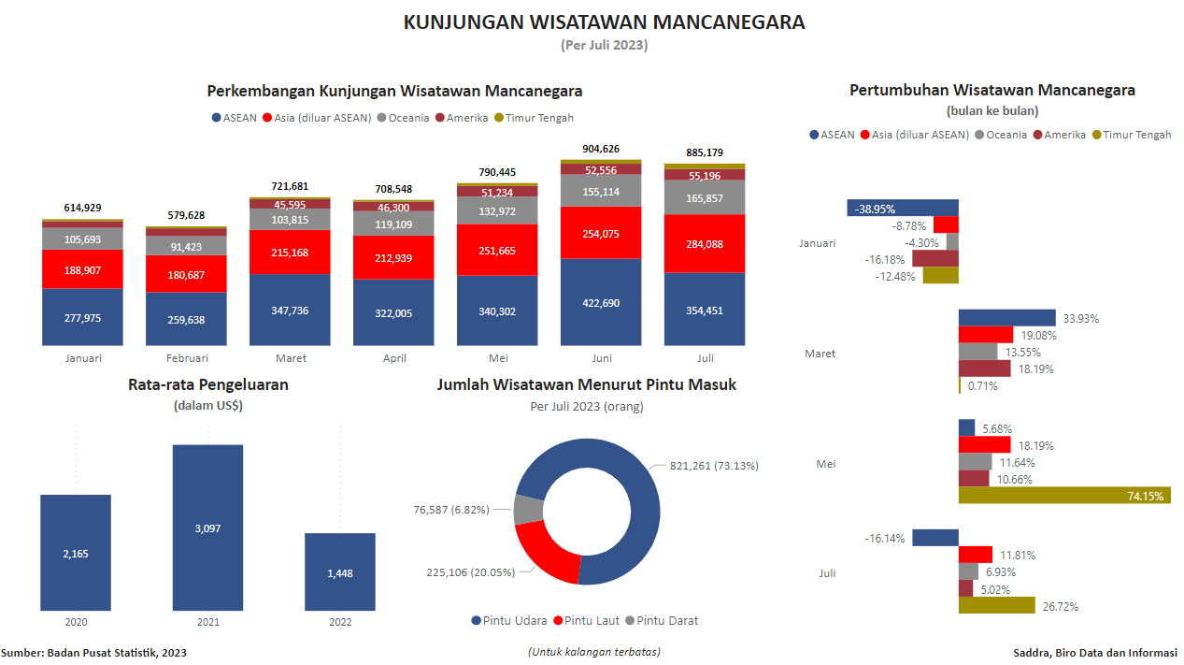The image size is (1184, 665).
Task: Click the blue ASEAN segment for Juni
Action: pyautogui.click(x=601, y=302)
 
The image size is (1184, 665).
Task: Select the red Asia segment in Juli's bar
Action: pyautogui.click(x=705, y=244)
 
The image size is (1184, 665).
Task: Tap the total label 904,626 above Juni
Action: pyautogui.click(x=601, y=149)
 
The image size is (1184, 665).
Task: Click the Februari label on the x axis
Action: pyautogui.click(x=187, y=358)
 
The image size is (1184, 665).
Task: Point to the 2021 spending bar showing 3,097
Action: pyautogui.click(x=207, y=528)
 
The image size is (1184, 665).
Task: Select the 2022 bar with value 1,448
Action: pyautogui.click(x=340, y=571)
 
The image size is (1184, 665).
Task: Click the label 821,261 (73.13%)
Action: pyautogui.click(x=714, y=466)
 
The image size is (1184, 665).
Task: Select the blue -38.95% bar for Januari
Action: pyautogui.click(x=903, y=208)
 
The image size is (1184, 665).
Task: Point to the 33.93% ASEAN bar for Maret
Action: pyautogui.click(x=1006, y=318)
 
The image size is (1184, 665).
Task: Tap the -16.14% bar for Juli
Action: pyautogui.click(x=935, y=538)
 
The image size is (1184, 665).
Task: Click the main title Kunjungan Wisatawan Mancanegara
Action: pyautogui.click(x=604, y=22)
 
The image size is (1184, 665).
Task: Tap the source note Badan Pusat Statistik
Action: pyautogui.click(x=93, y=653)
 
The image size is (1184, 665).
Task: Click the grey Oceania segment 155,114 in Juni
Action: pyautogui.click(x=601, y=192)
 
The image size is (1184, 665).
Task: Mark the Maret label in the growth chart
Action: pyautogui.click(x=820, y=354)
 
